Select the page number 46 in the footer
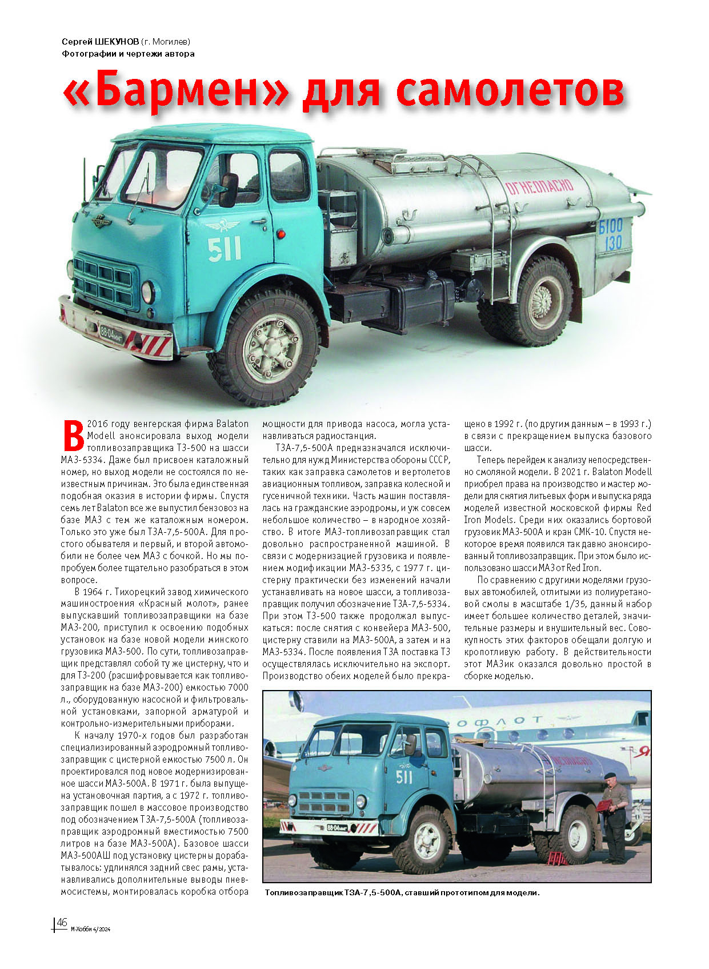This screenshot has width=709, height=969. [62, 923]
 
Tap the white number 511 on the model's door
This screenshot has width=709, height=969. [224, 249]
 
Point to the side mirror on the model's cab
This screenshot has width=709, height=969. [229, 190]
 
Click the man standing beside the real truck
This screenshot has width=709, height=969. [615, 818]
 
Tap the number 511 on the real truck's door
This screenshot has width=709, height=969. [403, 776]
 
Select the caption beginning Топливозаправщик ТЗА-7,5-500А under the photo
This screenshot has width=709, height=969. [402, 893]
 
